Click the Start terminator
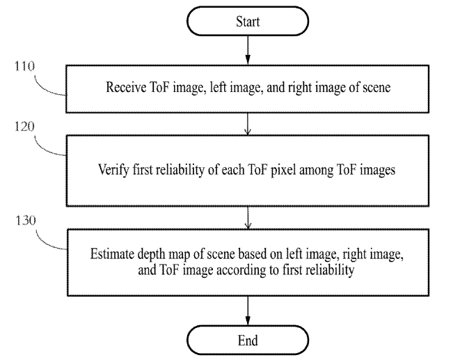(x=248, y=22)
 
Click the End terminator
(x=248, y=341)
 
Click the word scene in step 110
(x=373, y=88)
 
